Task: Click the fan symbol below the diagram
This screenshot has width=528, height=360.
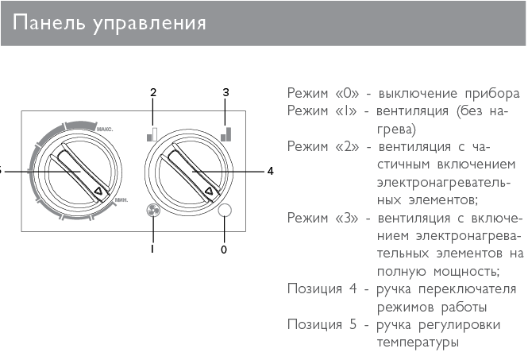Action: [153, 211]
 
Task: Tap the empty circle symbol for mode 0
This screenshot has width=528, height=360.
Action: [225, 211]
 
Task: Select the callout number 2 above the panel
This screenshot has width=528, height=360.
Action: [153, 92]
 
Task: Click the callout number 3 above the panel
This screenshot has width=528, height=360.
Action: [225, 92]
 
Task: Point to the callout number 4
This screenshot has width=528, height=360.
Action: [271, 171]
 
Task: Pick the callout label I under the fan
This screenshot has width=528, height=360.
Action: [152, 249]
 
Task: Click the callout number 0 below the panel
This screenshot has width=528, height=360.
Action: [224, 250]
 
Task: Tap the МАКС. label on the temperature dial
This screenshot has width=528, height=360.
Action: [105, 130]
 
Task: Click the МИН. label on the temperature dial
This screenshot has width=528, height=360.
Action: [121, 200]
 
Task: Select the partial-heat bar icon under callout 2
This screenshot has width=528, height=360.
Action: [152, 134]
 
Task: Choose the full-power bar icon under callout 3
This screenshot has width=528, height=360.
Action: [226, 134]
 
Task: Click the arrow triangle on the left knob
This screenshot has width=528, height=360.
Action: [98, 191]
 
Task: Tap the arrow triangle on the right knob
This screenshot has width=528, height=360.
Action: [209, 191]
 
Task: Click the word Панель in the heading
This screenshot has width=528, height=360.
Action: [48, 23]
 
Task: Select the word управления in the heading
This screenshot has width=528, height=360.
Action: [149, 24]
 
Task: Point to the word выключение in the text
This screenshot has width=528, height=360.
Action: [418, 93]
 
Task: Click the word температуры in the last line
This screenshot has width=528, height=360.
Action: [418, 343]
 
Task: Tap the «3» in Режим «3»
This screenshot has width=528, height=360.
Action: [347, 218]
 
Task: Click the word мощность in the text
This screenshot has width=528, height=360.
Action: [466, 271]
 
